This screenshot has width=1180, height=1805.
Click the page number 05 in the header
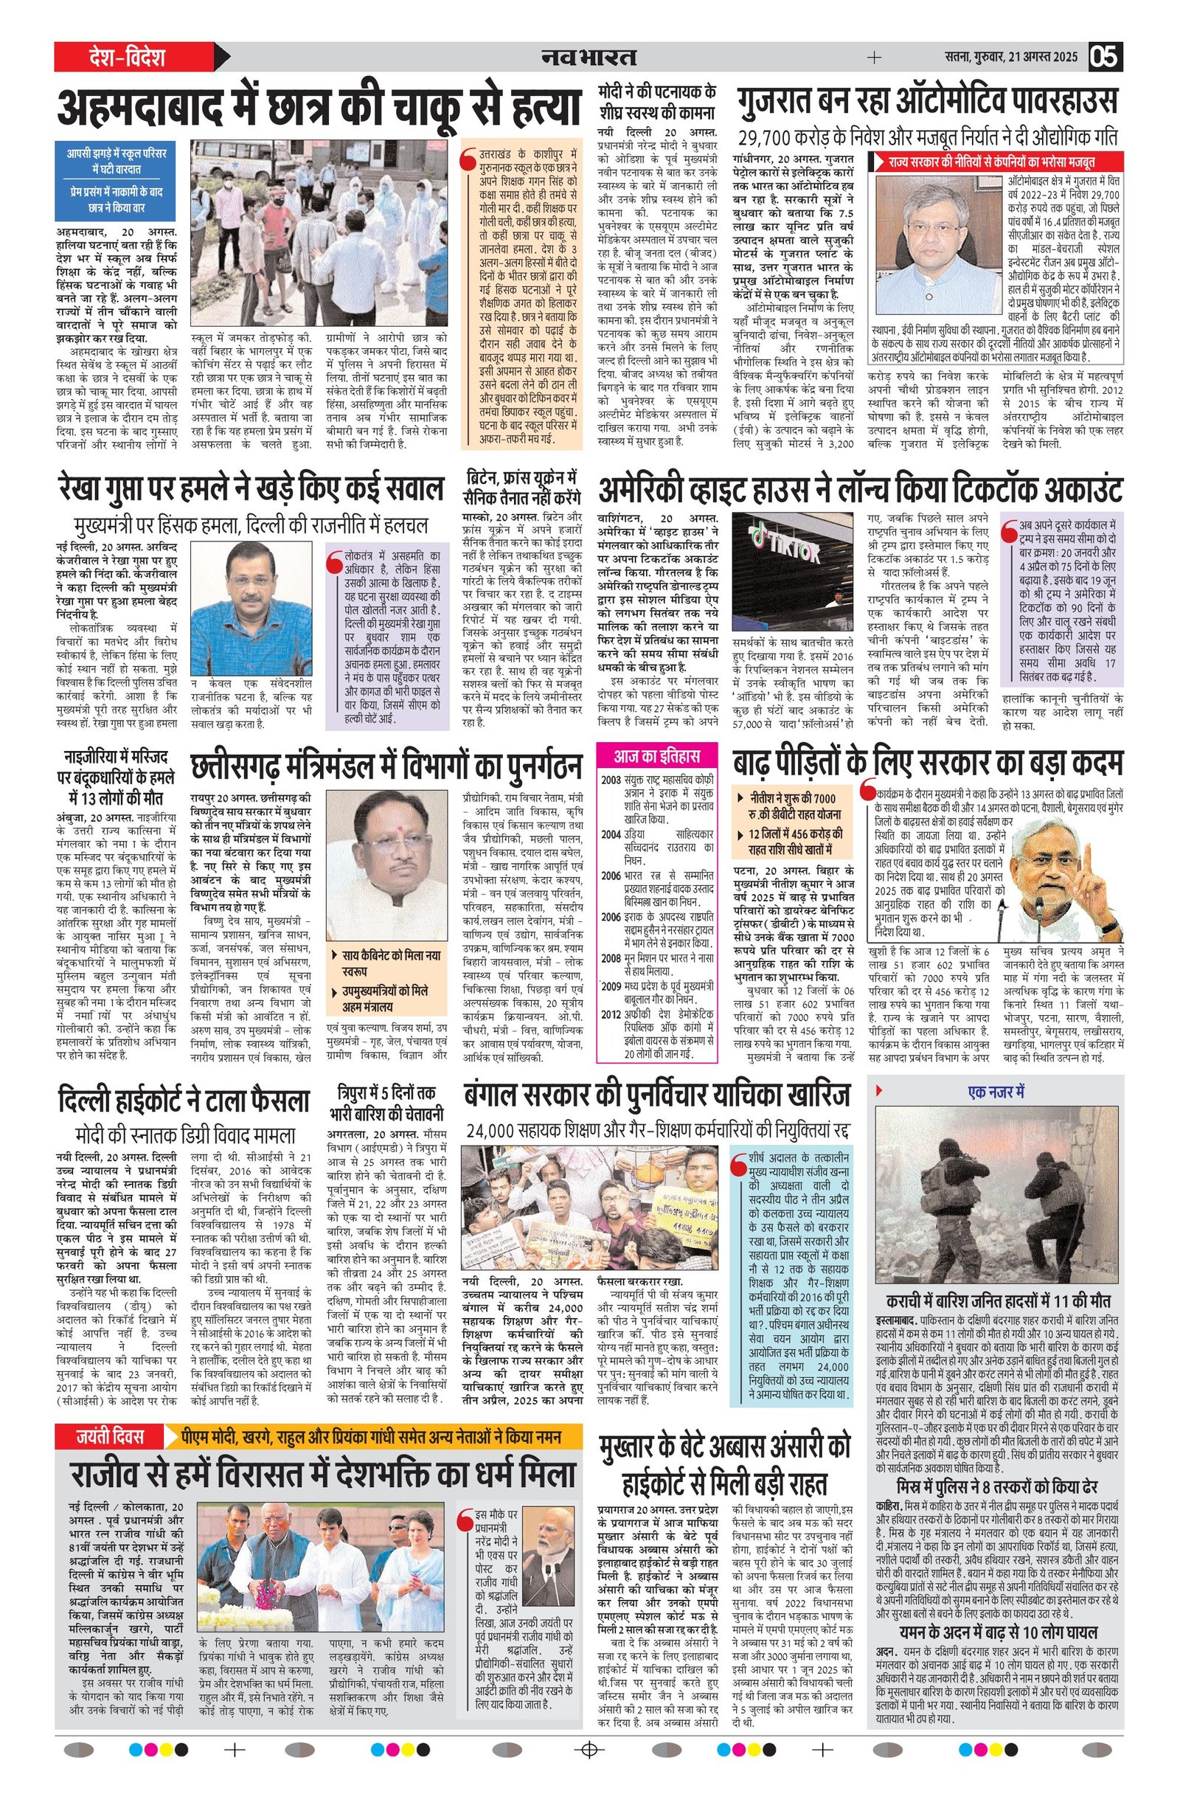coord(1105,57)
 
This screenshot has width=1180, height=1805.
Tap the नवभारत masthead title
coord(589,57)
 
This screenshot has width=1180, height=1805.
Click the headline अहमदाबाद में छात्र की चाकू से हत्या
coord(319,108)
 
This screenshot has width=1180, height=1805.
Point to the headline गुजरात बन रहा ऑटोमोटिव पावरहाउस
coord(927,101)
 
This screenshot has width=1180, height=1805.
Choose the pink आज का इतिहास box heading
coord(656,756)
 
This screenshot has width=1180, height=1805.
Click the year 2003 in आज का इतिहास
coord(611,780)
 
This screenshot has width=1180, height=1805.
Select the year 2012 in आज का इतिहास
coord(611,1015)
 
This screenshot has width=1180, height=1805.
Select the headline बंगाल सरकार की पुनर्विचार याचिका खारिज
coord(656,1095)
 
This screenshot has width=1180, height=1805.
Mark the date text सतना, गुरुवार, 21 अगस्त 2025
coord(1011,57)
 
